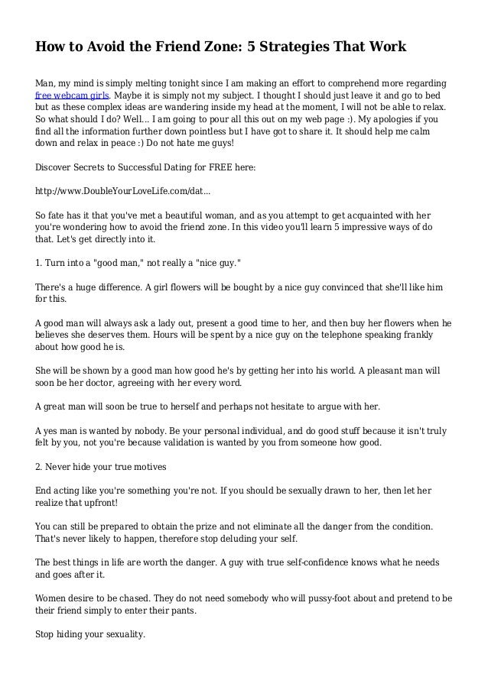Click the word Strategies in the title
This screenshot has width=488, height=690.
tap(291, 47)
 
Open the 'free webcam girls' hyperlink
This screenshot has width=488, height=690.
tap(73, 96)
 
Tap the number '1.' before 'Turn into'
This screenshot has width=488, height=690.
tap(41, 262)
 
